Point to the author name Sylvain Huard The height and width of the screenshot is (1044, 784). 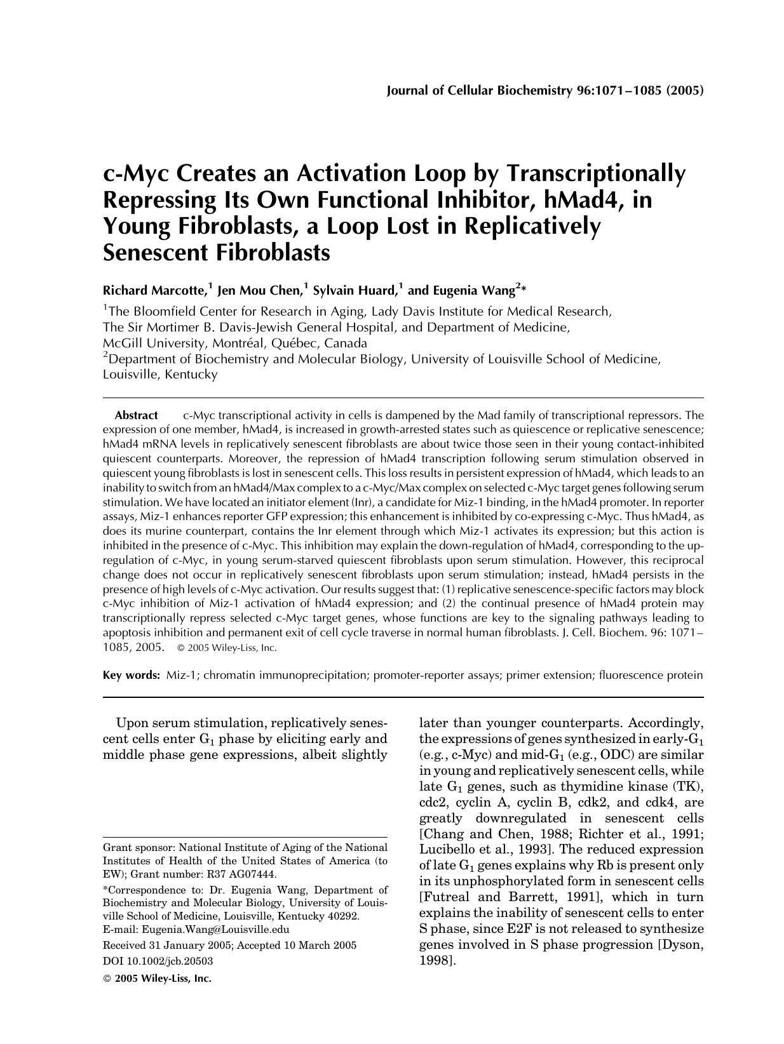click(x=355, y=291)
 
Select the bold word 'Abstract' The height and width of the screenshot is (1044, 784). click(x=136, y=415)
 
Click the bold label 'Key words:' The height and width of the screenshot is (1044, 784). click(x=132, y=675)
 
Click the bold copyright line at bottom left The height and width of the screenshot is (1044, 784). click(x=157, y=978)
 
